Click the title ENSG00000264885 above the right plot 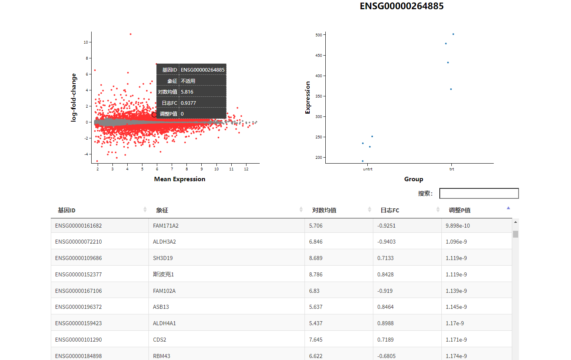click(x=401, y=6)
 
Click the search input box click(x=479, y=194)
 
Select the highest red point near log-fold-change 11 click(x=130, y=34)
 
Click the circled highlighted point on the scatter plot click(x=154, y=115)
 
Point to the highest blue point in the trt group click(x=453, y=34)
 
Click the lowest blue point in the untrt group click(x=363, y=161)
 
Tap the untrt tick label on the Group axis click(x=367, y=169)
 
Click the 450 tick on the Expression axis click(x=319, y=56)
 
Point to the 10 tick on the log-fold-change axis click(x=86, y=42)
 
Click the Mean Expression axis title click(x=180, y=179)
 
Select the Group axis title click(x=413, y=179)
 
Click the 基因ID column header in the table click(x=66, y=210)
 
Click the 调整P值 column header click(x=459, y=210)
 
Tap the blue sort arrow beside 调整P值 click(x=508, y=208)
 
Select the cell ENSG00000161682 click(x=78, y=226)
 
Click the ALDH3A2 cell click(x=164, y=242)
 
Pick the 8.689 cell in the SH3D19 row click(x=316, y=258)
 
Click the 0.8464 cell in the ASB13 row click(x=385, y=307)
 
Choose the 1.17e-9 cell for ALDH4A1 click(x=455, y=324)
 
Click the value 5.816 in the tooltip click(x=187, y=92)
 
